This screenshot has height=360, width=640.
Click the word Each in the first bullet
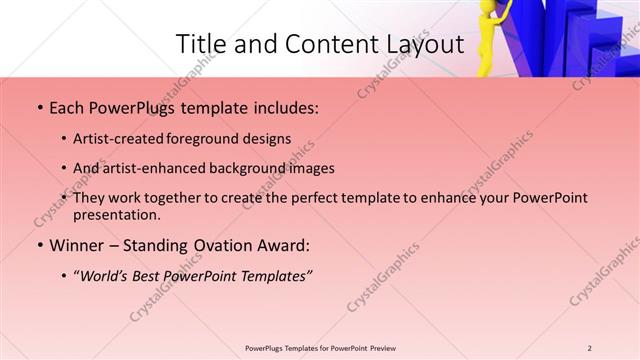pyautogui.click(x=67, y=108)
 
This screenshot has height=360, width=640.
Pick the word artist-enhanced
pyautogui.click(x=146, y=169)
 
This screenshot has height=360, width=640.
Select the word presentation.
pyautogui.click(x=116, y=214)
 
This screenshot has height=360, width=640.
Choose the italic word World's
pyautogui.click(x=107, y=275)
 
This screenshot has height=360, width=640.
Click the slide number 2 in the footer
pyautogui.click(x=589, y=348)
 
